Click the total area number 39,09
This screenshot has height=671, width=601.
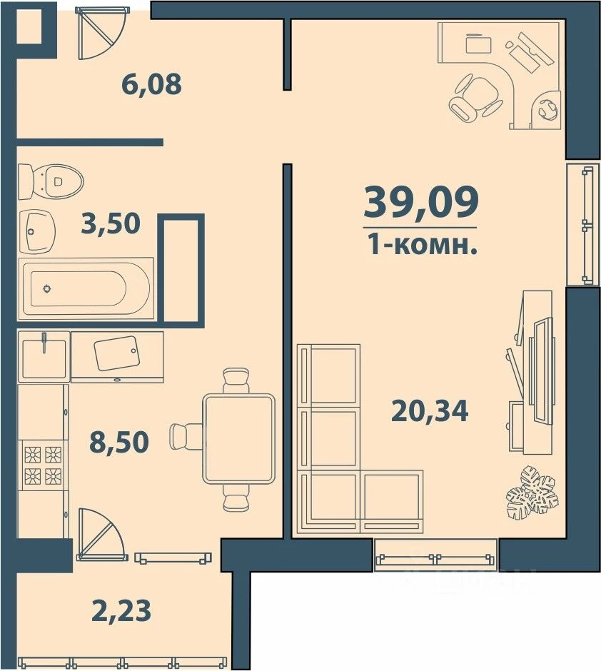[420, 202]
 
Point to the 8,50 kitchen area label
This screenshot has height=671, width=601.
[118, 442]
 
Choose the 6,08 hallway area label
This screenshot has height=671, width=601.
[151, 85]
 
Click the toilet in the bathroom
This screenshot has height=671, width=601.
[51, 181]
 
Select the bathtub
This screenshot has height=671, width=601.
[86, 288]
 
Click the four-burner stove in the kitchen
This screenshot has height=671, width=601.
[42, 465]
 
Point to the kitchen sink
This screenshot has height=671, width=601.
[44, 355]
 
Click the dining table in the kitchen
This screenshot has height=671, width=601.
[239, 438]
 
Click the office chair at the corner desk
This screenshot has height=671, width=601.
[475, 99]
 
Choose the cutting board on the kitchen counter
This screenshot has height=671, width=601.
[118, 353]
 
